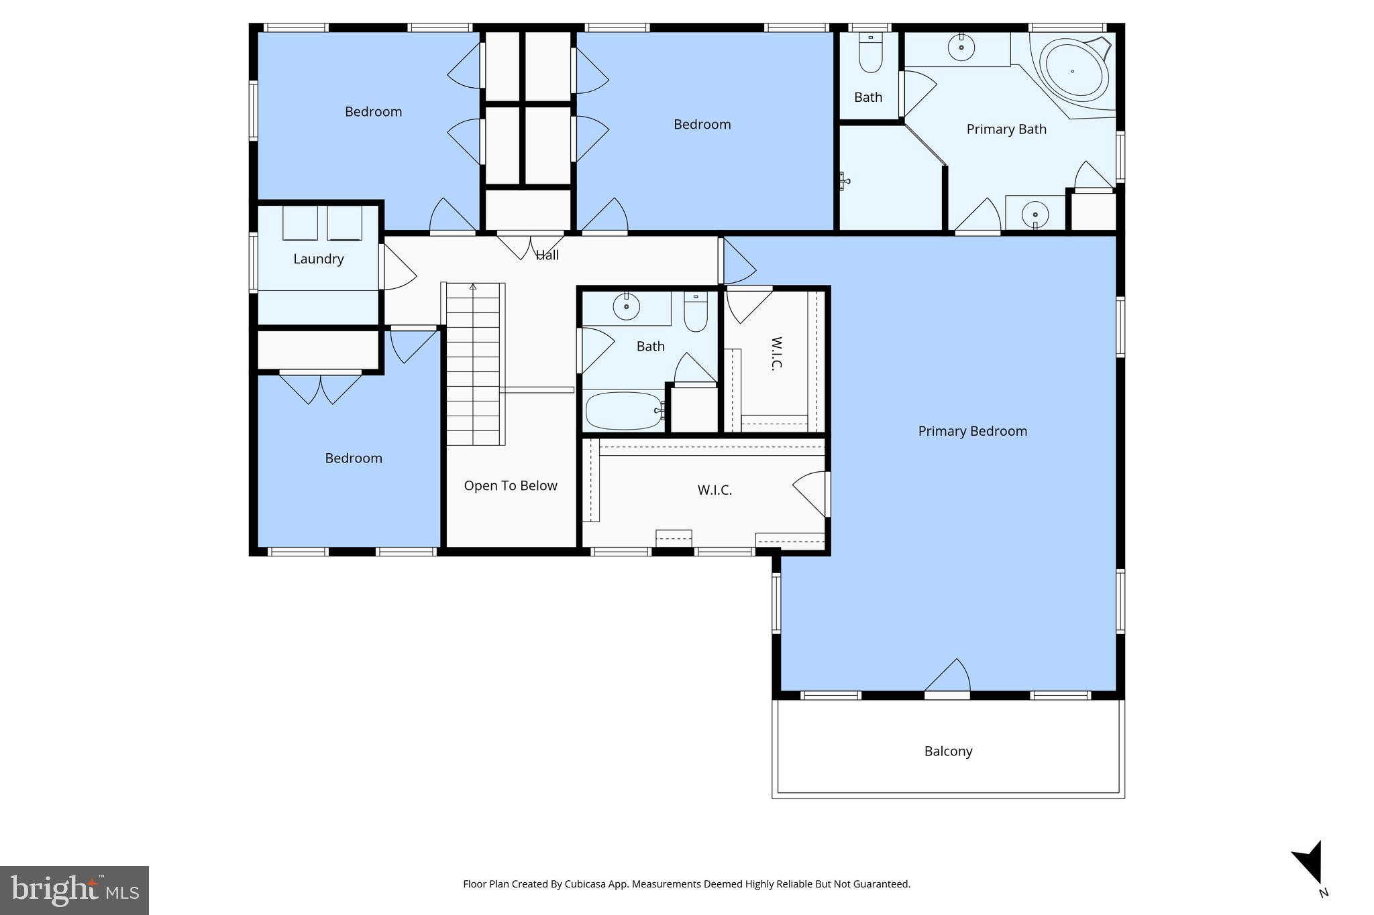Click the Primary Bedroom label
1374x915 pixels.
[972, 431]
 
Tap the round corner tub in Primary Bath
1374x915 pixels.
[1073, 71]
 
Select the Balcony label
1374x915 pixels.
[948, 751]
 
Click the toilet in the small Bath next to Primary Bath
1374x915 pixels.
[871, 54]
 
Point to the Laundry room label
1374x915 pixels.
[318, 259]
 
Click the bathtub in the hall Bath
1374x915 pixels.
[623, 410]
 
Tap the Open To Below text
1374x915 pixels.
[510, 485]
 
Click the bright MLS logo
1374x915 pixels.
[74, 890]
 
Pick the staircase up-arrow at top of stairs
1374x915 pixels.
[473, 288]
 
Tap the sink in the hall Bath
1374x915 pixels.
[626, 307]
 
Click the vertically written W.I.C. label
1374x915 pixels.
[776, 353]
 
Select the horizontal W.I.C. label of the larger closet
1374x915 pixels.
[715, 490]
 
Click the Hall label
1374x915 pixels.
[547, 255]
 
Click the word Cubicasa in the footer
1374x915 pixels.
[582, 883]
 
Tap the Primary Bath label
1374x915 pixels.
[1006, 129]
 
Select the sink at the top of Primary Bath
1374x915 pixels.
[961, 48]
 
